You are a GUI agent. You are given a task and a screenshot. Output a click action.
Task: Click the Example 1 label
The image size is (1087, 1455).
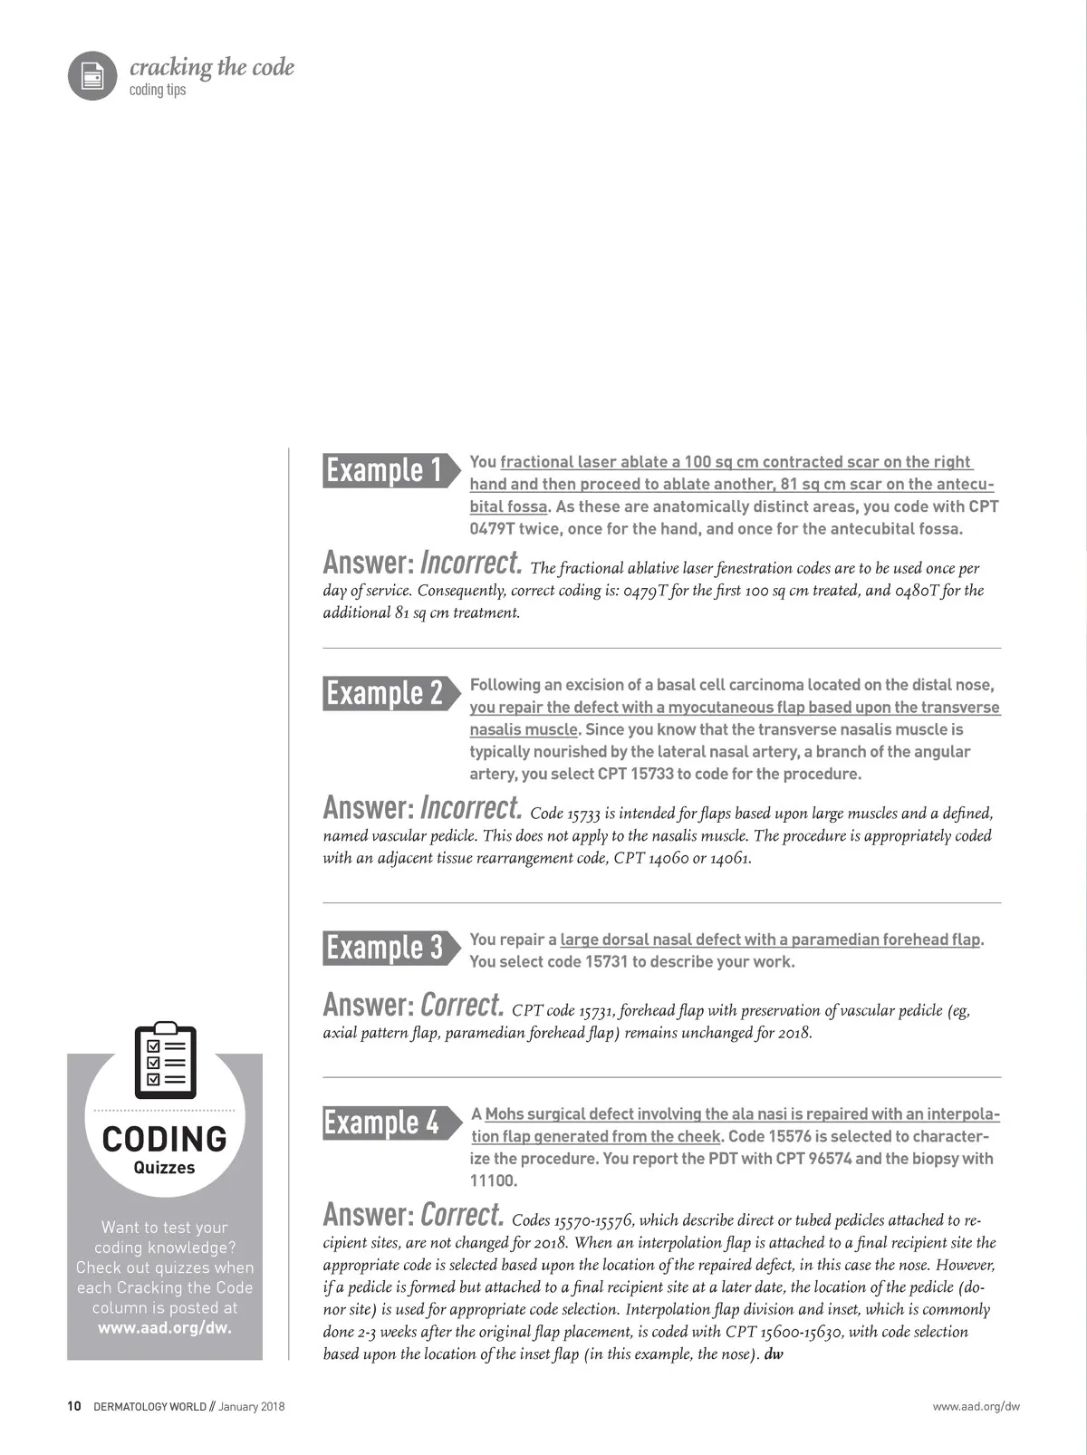(x=385, y=470)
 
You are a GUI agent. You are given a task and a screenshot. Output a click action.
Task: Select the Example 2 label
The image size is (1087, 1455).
(x=385, y=693)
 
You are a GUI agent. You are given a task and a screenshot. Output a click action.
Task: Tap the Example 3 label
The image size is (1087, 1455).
(x=385, y=948)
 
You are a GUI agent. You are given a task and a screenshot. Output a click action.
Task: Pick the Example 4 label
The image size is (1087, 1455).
(x=382, y=1123)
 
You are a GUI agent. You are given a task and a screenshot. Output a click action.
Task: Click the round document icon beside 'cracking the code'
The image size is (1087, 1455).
(x=92, y=75)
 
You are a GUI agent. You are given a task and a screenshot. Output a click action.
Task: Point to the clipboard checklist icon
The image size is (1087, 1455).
(x=165, y=1060)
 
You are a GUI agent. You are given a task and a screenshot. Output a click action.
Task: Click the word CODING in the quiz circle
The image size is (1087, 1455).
(x=165, y=1139)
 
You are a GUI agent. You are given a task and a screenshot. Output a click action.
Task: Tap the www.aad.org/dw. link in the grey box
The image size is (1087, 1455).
(x=165, y=1328)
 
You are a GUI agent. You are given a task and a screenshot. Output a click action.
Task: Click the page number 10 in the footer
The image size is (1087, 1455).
(x=74, y=1406)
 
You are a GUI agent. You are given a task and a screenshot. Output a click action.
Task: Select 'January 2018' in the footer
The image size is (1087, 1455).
(x=252, y=1406)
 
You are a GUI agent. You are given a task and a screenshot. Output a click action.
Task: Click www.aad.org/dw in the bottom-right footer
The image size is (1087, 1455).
(x=976, y=1406)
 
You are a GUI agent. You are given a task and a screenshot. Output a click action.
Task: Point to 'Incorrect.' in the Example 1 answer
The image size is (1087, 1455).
(x=471, y=564)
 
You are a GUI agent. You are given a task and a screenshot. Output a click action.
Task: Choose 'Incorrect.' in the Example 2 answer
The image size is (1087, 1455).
(x=471, y=808)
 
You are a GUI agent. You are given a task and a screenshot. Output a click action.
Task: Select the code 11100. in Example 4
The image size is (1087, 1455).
(x=494, y=1180)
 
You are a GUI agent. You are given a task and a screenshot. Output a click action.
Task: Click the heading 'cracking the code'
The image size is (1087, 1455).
(x=212, y=67)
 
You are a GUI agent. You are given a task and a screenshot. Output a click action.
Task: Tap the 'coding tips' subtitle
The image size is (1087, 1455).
(x=158, y=90)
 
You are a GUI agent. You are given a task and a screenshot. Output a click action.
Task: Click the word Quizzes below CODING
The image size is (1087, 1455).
(x=165, y=1168)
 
